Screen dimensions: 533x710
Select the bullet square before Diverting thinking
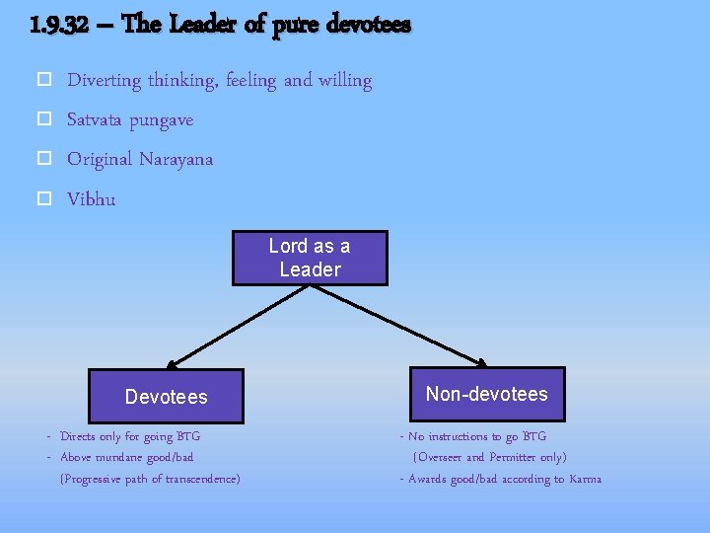[43, 81]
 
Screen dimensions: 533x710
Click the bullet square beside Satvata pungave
[43, 120]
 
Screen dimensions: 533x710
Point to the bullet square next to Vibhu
[43, 199]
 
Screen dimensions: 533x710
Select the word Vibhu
[91, 199]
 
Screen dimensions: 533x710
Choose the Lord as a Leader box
[310, 258]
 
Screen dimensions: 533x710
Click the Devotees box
[166, 397]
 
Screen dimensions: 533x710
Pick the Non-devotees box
[486, 394]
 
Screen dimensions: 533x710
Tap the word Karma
[585, 480]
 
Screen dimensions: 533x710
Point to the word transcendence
[201, 480]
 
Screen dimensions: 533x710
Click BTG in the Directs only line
[187, 436]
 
